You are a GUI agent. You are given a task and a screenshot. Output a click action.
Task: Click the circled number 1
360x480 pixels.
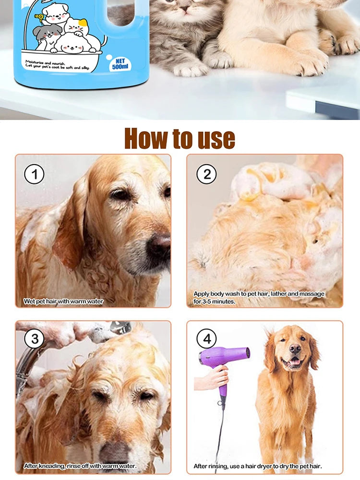[x=34, y=174]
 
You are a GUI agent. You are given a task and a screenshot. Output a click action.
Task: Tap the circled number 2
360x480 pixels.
[x=206, y=174]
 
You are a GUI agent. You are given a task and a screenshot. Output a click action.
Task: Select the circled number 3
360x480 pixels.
[x=34, y=339]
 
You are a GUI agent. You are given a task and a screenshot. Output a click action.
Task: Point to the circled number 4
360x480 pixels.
[x=206, y=339]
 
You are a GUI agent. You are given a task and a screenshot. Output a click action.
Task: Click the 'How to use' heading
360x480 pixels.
[x=180, y=138]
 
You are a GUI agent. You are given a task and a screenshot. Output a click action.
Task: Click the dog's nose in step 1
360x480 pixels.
[x=158, y=246]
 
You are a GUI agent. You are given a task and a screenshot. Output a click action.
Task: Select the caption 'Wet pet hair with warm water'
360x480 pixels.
[x=63, y=301]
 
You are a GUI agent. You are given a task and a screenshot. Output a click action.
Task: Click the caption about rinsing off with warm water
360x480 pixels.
[x=80, y=466]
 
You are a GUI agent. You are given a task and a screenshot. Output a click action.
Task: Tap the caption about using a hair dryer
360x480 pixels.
[x=257, y=466]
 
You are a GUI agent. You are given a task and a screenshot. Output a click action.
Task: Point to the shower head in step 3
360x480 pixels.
[x=120, y=328]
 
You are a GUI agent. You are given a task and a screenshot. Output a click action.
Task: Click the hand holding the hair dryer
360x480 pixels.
[x=211, y=379]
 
